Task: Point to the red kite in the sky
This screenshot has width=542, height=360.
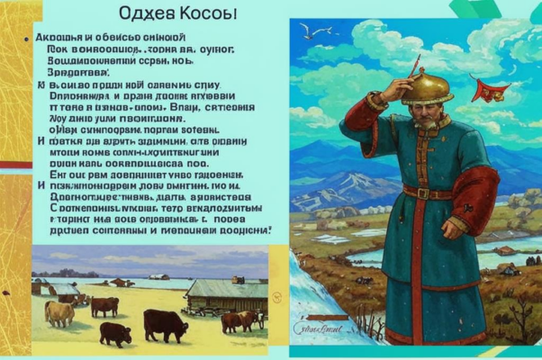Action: point(492,89)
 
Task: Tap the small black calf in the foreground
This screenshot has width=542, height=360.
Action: point(115,332)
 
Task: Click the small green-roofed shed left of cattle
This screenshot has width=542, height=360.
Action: point(60,288)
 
